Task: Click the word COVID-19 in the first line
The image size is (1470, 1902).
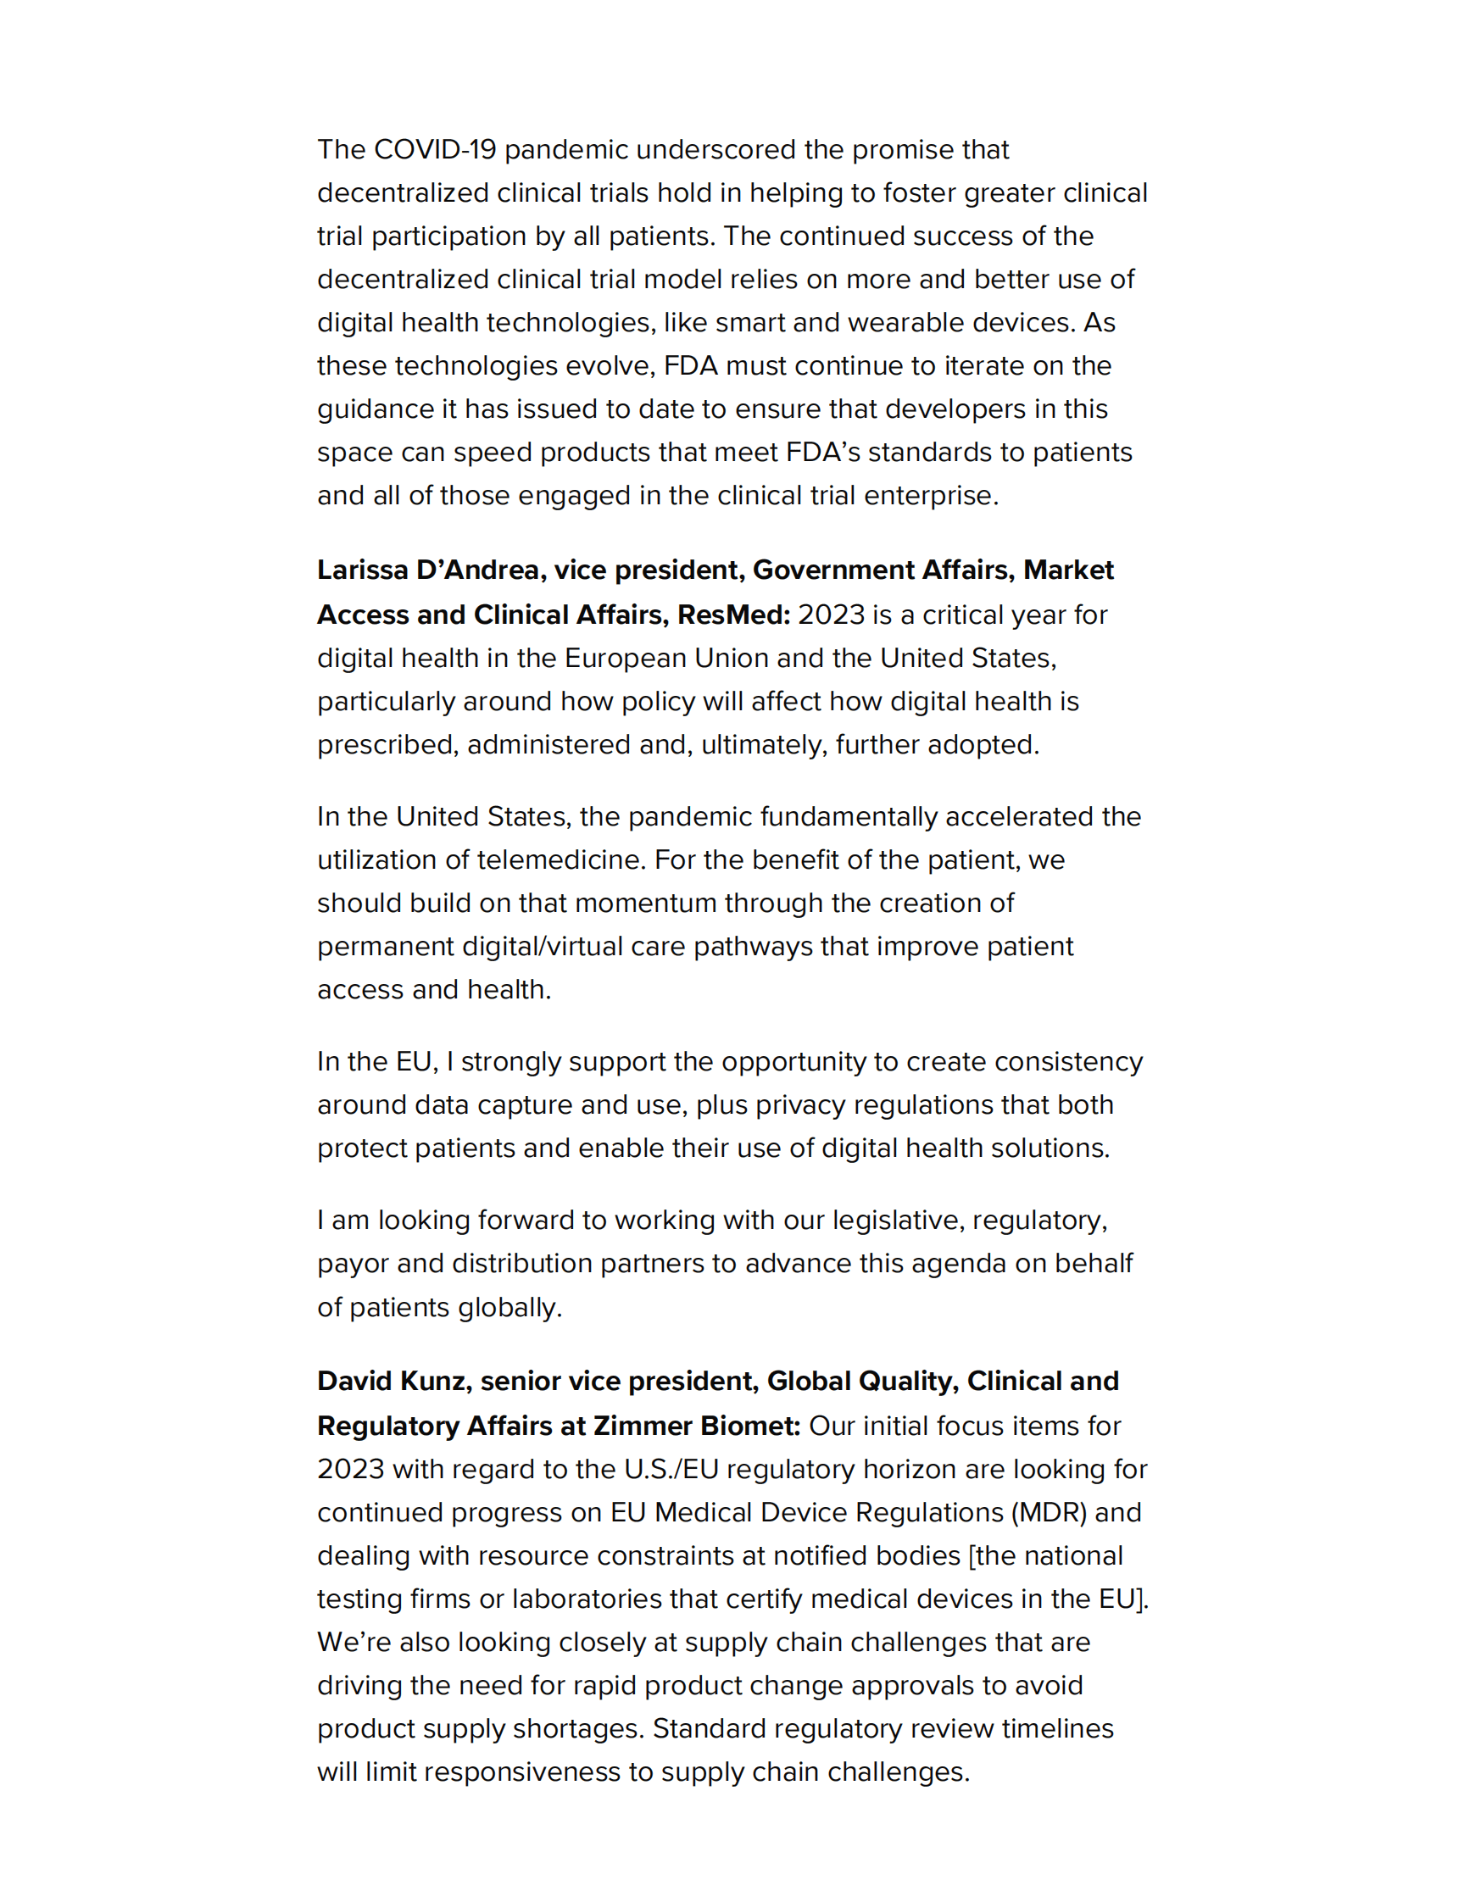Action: click(x=435, y=150)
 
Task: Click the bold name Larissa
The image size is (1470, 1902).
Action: click(x=362, y=570)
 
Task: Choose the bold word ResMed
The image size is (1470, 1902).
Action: click(x=732, y=615)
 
